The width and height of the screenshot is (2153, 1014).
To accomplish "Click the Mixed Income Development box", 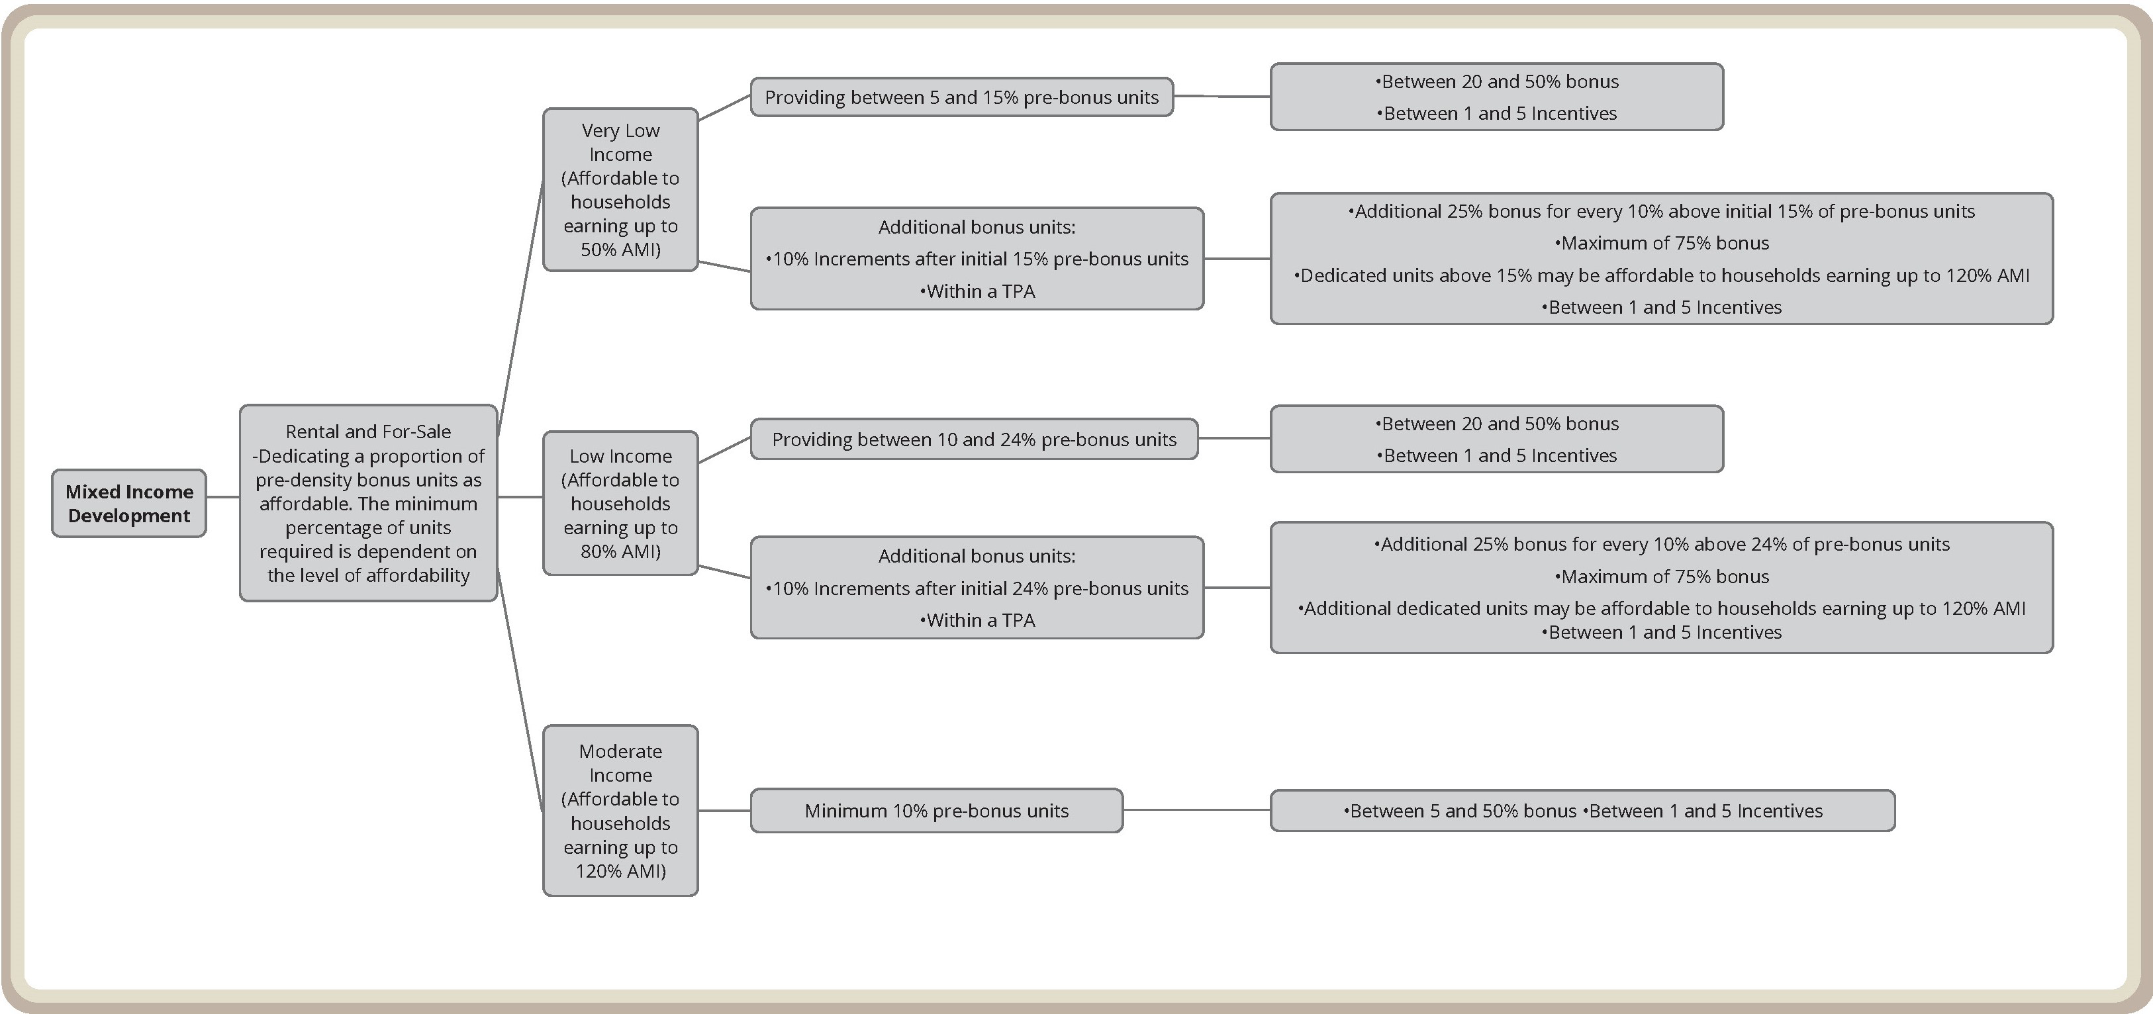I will click(x=128, y=504).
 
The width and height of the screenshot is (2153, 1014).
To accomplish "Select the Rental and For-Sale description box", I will click(x=367, y=503).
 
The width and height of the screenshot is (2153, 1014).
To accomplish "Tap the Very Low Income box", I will click(x=620, y=189).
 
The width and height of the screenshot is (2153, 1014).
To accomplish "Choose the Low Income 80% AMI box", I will click(x=620, y=503).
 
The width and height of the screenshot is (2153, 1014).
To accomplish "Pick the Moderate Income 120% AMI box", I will click(x=620, y=810).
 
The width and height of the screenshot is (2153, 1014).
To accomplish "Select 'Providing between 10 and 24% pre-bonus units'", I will click(x=974, y=439).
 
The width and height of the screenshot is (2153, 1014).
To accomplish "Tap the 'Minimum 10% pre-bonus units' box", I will click(x=936, y=810).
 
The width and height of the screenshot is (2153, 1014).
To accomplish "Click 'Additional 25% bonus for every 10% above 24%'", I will click(x=1662, y=545).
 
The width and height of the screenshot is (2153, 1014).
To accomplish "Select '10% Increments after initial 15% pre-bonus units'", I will click(x=977, y=259).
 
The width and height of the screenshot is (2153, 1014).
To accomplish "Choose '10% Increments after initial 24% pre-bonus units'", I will click(x=977, y=588).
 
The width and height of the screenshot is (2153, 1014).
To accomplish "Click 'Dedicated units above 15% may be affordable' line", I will click(x=1662, y=275).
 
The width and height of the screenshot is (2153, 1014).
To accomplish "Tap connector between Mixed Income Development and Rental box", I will click(x=222, y=497).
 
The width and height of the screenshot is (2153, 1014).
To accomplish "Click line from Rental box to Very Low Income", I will click(x=520, y=309).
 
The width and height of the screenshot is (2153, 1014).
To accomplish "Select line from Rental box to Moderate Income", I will click(x=520, y=689).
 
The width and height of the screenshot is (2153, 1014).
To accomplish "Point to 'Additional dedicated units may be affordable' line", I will click(x=1662, y=608).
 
